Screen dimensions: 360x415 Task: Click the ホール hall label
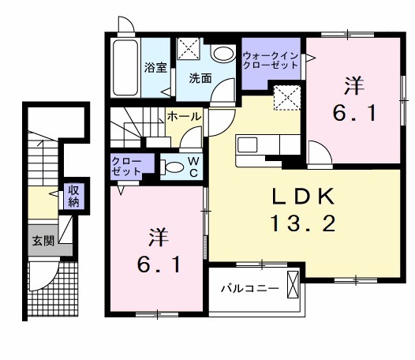pos(185,116)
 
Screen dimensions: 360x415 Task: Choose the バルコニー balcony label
pos(249,289)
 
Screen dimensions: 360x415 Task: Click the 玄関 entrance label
pos(43,241)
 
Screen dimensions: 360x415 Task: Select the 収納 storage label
pos(73,195)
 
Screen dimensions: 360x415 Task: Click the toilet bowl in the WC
pos(171,167)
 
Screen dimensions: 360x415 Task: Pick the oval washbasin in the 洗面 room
pos(224,54)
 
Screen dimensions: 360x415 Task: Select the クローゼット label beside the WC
pos(126,166)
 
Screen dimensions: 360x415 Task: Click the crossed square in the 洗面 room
pos(189,49)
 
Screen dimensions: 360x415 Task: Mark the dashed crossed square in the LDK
pos(286,99)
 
